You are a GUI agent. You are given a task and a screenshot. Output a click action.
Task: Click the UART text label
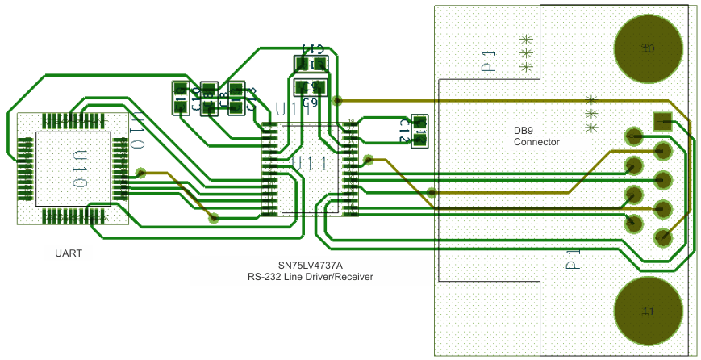pos(69,253)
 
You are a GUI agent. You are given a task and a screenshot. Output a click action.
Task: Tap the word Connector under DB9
pos(536,142)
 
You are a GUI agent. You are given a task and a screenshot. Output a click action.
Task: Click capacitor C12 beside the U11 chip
pos(419,131)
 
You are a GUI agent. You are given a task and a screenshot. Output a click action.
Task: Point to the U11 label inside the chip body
pos(310,164)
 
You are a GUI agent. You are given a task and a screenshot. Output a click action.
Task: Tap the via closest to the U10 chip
pos(141,172)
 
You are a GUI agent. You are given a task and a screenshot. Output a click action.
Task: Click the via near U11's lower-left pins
pos(214,217)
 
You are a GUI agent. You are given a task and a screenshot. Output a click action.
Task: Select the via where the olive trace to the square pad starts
pos(338,101)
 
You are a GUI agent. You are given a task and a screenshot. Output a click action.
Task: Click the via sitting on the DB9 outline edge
pos(432,193)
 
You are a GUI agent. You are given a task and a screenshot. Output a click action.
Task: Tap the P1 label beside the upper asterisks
pos(489,62)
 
